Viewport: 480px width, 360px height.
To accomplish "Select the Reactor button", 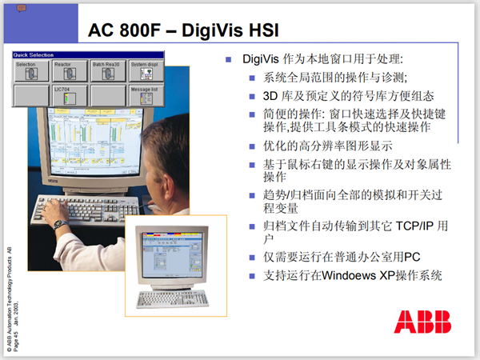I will [x=70, y=70].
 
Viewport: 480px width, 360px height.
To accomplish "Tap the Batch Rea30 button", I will [x=108, y=70].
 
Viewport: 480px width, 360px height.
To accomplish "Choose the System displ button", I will [x=147, y=70].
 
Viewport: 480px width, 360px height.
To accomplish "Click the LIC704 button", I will [x=70, y=95].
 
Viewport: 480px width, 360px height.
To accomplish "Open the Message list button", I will [x=147, y=95].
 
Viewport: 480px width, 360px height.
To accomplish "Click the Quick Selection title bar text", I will [x=33, y=55].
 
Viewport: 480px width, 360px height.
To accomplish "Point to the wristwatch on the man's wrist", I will [x=59, y=224].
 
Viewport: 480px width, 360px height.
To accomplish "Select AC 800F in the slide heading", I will [x=121, y=29].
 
